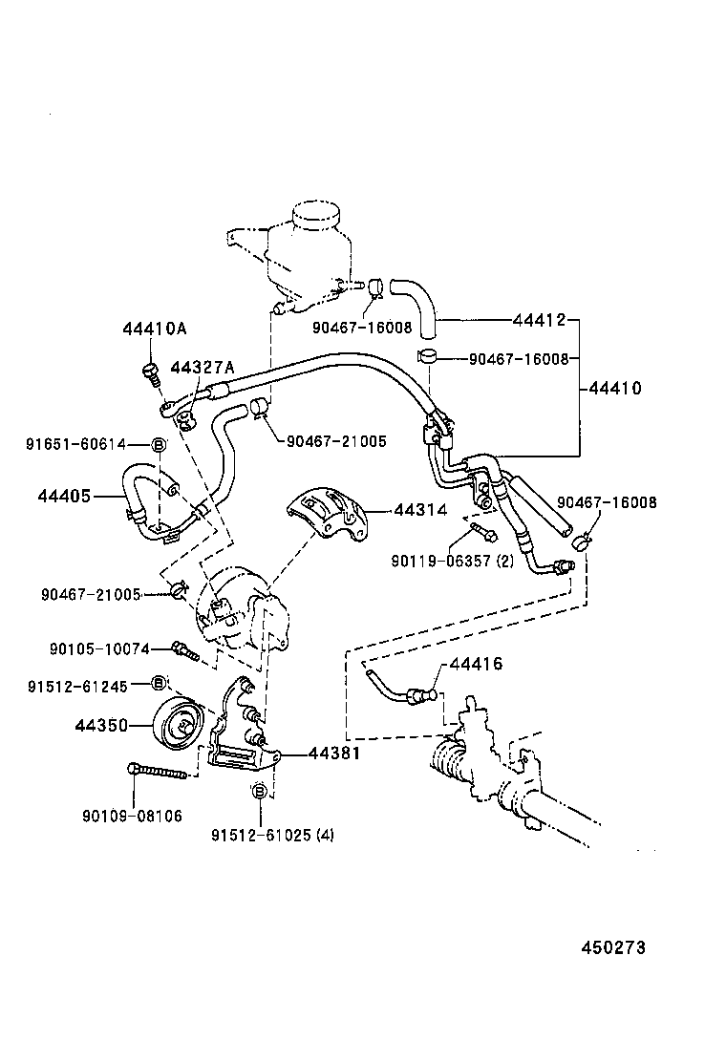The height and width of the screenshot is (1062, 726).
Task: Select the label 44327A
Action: (202, 368)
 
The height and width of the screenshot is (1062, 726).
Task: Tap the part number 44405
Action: (64, 496)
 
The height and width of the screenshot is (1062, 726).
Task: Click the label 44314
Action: (420, 510)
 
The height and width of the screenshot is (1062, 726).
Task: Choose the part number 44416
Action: (476, 664)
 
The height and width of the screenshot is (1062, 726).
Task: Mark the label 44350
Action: (101, 726)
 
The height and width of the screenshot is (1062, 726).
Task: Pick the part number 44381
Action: (333, 754)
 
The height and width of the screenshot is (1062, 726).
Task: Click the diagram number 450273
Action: (613, 947)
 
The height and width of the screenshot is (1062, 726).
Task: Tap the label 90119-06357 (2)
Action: (452, 561)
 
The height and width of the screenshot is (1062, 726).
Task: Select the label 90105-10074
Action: (99, 649)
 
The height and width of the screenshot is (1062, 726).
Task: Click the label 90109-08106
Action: (133, 816)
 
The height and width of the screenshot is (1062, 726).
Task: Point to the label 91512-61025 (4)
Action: (273, 835)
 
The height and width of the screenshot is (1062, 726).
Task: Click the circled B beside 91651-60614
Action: (159, 444)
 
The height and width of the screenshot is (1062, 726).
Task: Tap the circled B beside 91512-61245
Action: (160, 683)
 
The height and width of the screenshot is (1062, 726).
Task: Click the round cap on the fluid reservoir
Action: (314, 215)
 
